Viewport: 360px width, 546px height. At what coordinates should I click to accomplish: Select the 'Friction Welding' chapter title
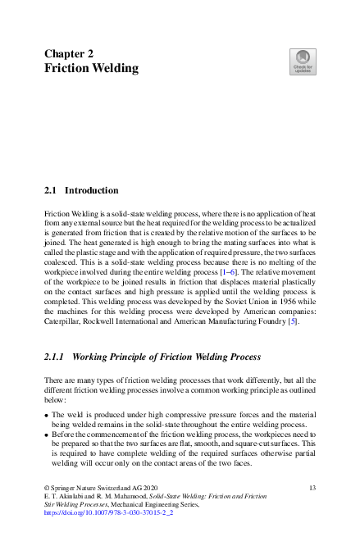[91, 69]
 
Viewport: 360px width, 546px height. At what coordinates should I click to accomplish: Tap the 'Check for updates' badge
[303, 62]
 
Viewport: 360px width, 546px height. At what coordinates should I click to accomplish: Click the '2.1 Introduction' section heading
[81, 190]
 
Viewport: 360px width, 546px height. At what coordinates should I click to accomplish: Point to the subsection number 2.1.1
[55, 357]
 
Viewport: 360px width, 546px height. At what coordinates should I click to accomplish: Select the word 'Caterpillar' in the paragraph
[63, 321]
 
